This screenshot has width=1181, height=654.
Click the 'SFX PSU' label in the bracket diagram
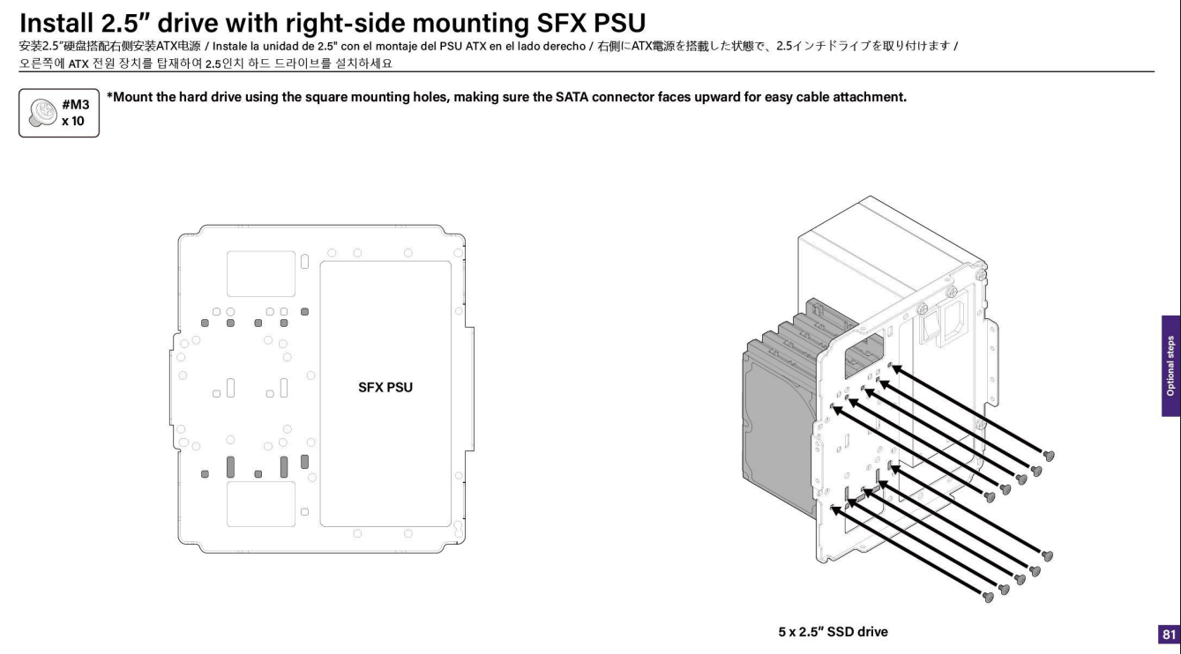point(386,386)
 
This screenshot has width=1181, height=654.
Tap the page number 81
point(1170,634)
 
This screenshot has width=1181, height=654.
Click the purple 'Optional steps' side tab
point(1170,366)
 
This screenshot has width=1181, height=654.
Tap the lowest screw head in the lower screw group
point(988,598)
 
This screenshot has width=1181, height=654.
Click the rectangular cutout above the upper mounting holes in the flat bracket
point(260,273)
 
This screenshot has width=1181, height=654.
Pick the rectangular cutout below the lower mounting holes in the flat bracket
point(260,504)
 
